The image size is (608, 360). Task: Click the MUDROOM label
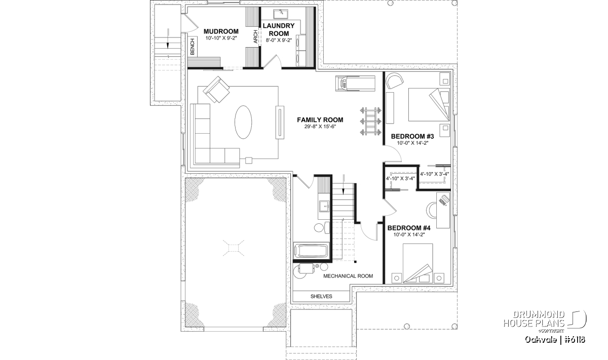(221, 31)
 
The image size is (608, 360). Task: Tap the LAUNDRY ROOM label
(279, 29)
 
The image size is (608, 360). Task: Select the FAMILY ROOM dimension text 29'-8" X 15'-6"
(320, 127)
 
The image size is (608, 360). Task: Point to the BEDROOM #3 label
(412, 136)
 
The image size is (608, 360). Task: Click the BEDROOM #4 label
(409, 228)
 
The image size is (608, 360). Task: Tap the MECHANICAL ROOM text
(348, 276)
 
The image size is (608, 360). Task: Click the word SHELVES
(321, 296)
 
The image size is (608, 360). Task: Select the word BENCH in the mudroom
(193, 47)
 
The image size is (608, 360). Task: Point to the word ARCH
(255, 36)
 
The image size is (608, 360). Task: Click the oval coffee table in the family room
(243, 122)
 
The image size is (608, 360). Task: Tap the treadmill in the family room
(355, 83)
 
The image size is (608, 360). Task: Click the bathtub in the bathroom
(311, 251)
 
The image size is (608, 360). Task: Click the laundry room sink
(281, 14)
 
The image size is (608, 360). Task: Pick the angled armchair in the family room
(216, 90)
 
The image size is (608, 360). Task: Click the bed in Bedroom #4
(417, 263)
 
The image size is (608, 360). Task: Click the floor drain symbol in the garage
(234, 248)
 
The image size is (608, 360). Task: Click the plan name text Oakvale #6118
(555, 340)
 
